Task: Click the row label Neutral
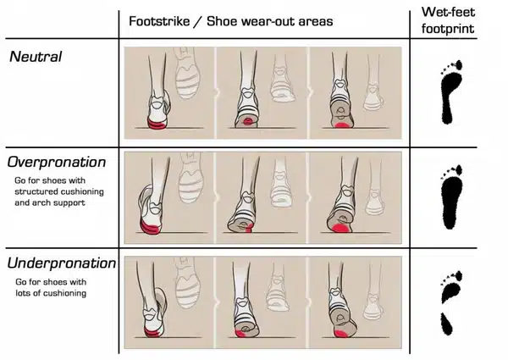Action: tap(36, 57)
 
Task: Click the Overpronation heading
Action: tap(57, 163)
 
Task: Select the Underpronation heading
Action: tap(62, 263)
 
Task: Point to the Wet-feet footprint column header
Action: tap(448, 20)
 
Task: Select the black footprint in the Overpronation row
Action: tap(451, 197)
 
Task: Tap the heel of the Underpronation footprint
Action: tap(446, 324)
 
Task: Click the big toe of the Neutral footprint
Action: tap(458, 65)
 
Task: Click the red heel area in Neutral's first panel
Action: tap(157, 125)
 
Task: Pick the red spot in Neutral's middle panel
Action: tap(248, 121)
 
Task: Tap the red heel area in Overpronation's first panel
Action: tap(149, 227)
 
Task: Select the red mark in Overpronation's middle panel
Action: tap(248, 229)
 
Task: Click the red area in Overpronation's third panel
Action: tap(341, 229)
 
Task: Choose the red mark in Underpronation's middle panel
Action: tap(240, 334)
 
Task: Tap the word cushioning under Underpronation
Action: tap(65, 293)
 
